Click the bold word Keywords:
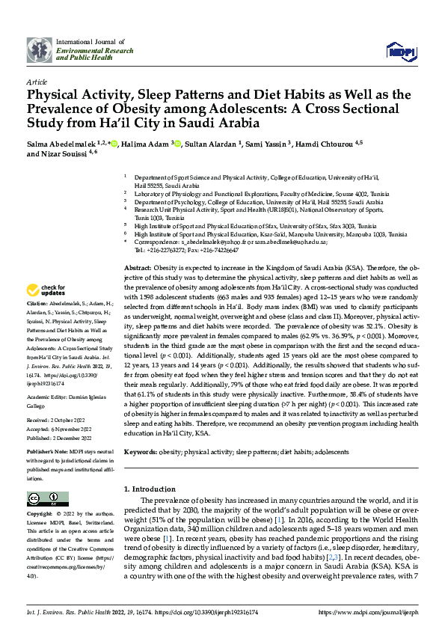[140, 453]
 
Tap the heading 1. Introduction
[149, 489]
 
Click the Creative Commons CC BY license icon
[37, 498]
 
